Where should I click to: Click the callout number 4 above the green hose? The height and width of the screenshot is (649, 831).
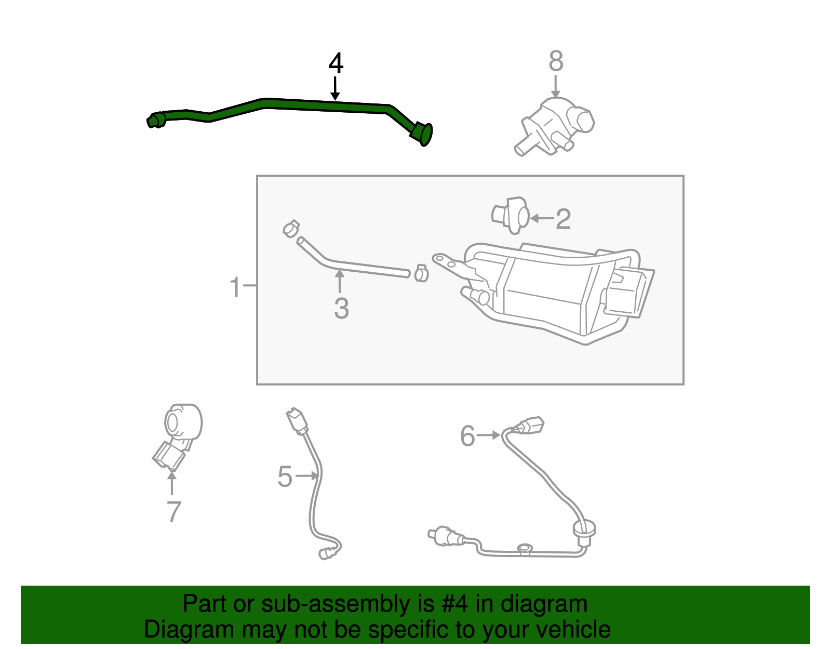pyautogui.click(x=336, y=64)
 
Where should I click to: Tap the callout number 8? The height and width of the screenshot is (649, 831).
pyautogui.click(x=556, y=61)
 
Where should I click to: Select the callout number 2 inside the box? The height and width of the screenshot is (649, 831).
pyautogui.click(x=564, y=219)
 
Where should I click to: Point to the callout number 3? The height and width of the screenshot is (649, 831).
pyautogui.click(x=341, y=309)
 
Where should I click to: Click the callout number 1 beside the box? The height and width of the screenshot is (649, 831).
pyautogui.click(x=235, y=287)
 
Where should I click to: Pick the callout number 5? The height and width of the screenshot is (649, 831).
pyautogui.click(x=285, y=476)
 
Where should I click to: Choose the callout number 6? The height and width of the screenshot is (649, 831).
pyautogui.click(x=467, y=435)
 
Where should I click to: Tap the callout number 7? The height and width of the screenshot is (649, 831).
pyautogui.click(x=173, y=511)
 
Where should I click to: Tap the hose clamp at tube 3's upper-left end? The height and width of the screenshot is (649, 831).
pyautogui.click(x=291, y=228)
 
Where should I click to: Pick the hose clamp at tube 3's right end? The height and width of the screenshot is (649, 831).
pyautogui.click(x=421, y=273)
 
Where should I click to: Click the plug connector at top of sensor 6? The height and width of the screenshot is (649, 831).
pyautogui.click(x=530, y=425)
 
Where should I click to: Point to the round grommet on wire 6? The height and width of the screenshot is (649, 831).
pyautogui.click(x=584, y=531)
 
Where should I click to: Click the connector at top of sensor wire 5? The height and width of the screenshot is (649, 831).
pyautogui.click(x=297, y=420)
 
